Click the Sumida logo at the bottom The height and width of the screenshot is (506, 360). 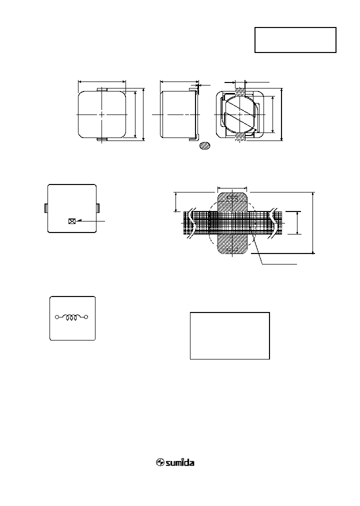(x=175, y=462)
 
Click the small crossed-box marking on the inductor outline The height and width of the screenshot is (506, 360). (x=71, y=220)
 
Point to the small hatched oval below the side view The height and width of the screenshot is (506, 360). (x=204, y=146)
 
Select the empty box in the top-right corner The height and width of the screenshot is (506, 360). (x=295, y=40)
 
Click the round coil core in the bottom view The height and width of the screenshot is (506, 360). (x=239, y=114)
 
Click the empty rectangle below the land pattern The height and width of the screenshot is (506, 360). (x=230, y=335)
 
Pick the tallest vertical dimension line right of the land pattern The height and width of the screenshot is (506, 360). (x=313, y=222)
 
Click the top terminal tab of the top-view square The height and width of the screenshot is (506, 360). (x=101, y=88)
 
